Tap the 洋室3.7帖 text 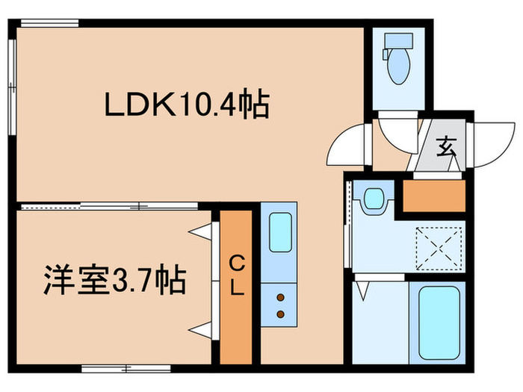(x=112, y=281)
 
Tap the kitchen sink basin (x=279, y=232)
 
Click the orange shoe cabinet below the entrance (x=434, y=196)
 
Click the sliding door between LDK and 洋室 (x=112, y=205)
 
